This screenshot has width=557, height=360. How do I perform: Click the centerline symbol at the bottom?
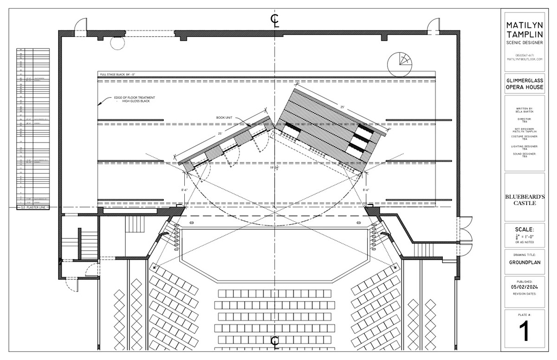point(275,341)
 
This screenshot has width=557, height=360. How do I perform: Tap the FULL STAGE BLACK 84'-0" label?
point(117,74)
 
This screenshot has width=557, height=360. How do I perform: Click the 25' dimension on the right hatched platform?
point(342,107)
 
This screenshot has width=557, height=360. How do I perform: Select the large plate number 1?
point(525,332)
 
